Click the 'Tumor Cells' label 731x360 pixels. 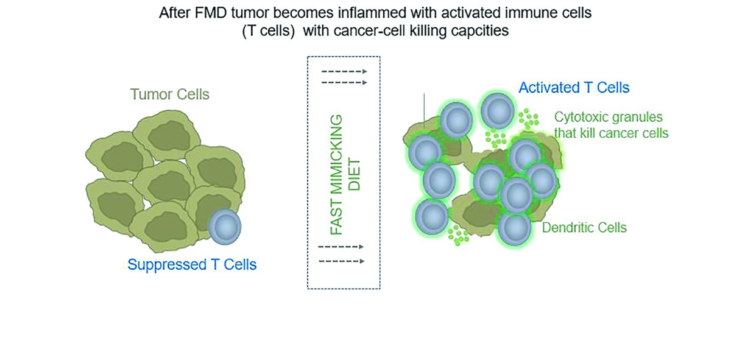click(x=169, y=94)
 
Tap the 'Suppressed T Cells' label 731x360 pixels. click(x=192, y=265)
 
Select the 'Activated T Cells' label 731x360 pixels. click(x=574, y=88)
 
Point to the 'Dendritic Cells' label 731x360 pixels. click(x=584, y=228)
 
